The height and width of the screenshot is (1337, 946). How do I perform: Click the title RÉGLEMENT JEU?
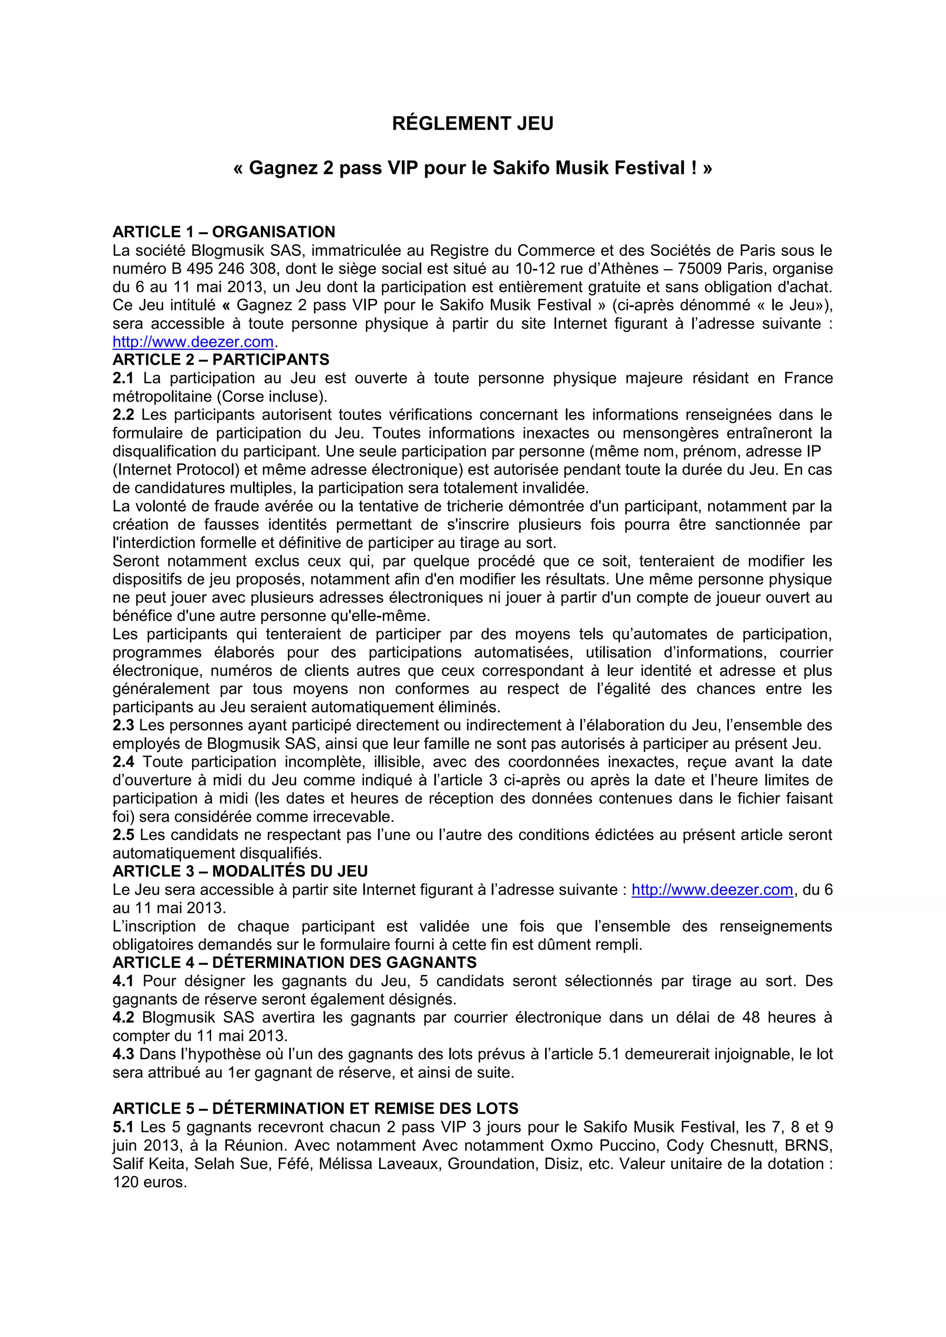(473, 123)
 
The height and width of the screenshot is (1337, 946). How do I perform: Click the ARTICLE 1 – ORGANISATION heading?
(224, 232)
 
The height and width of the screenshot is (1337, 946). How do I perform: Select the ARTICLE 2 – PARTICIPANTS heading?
(221, 359)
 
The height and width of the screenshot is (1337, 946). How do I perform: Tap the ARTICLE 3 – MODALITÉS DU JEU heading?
(240, 871)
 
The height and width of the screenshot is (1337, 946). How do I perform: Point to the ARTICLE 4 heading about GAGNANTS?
(294, 963)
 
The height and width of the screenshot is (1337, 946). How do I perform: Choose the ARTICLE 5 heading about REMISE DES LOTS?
(315, 1108)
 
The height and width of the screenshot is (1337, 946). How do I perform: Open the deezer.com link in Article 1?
(193, 342)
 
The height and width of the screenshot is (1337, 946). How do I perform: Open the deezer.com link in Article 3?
(712, 890)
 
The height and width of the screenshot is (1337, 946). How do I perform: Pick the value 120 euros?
(149, 1182)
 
